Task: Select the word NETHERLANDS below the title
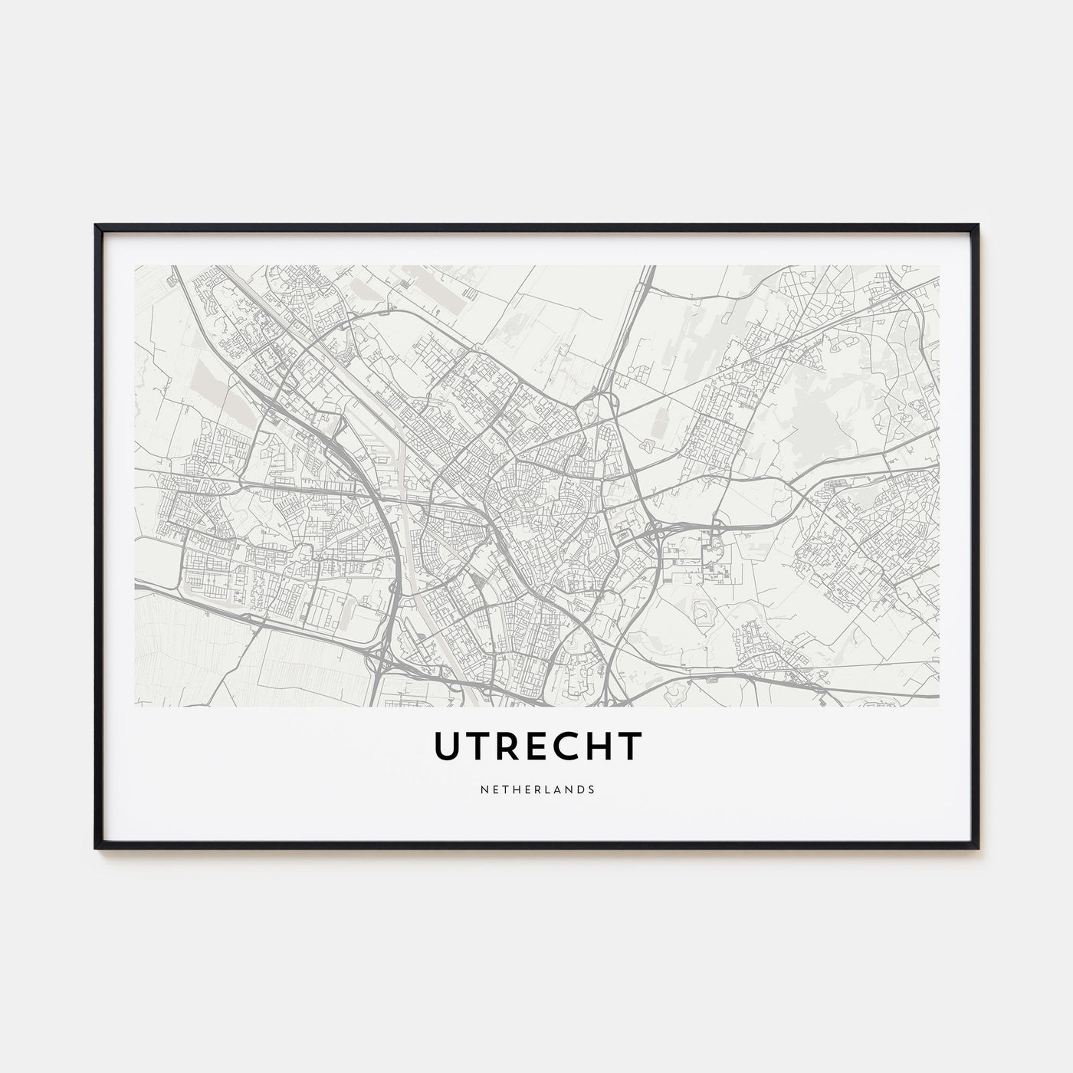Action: click(x=536, y=788)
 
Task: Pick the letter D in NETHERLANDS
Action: click(x=581, y=788)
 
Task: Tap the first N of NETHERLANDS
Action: click(x=483, y=788)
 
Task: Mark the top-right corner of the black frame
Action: click(x=978, y=225)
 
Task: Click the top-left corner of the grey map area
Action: click(x=135, y=266)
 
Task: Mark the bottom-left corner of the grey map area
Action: click(x=135, y=705)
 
